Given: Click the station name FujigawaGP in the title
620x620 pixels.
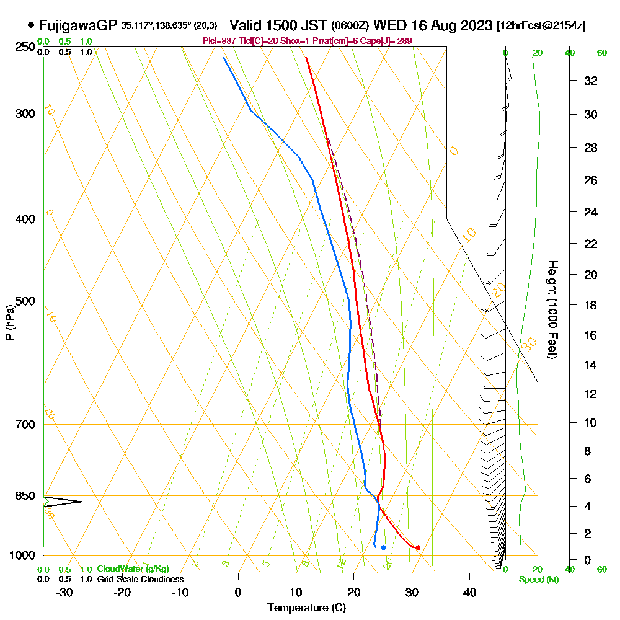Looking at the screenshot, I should pyautogui.click(x=78, y=25).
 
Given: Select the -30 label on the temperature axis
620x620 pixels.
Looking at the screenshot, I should pyautogui.click(x=64, y=593).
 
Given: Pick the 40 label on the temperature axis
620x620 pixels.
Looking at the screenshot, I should pyautogui.click(x=469, y=593).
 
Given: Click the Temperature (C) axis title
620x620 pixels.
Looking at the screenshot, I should pyautogui.click(x=306, y=608).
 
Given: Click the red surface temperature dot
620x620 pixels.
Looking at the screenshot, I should pyautogui.click(x=418, y=547).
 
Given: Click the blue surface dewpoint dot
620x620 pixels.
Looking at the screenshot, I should pyautogui.click(x=384, y=547).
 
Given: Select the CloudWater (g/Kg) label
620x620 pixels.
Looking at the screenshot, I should pyautogui.click(x=133, y=569).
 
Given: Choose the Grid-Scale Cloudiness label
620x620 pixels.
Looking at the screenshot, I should pyautogui.click(x=140, y=579).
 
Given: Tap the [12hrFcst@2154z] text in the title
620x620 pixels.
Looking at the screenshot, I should pyautogui.click(x=542, y=26).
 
